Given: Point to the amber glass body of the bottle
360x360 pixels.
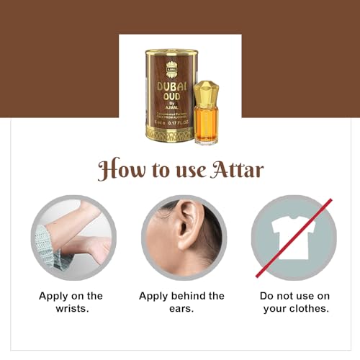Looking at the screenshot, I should pos(206,123).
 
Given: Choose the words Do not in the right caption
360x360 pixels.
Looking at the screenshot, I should pos(272,296).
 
